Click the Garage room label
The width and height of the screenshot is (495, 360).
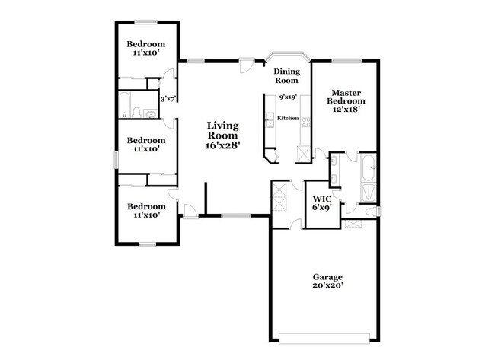coord(327,276)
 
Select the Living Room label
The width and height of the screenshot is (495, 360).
coord(223,130)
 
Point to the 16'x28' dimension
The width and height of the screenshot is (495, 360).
coord(223,145)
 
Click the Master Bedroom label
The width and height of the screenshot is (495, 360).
coord(346,96)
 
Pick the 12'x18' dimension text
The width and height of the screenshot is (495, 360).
coord(346,109)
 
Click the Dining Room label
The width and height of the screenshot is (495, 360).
coord(287,75)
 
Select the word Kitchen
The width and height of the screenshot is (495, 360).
coord(287,118)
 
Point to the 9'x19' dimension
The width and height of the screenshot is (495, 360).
coord(287,97)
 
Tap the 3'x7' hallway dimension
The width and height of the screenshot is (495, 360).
coord(168,98)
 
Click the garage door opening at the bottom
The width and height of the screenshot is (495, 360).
coord(327,335)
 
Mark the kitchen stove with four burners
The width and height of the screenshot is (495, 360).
coord(305,120)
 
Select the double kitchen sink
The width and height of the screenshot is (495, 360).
coord(269,119)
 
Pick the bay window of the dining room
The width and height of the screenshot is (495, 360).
coord(287,56)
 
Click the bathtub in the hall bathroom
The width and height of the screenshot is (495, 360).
coord(127,104)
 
